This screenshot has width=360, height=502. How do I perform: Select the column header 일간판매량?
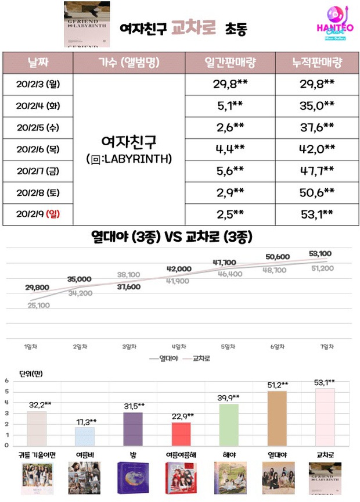[x=231, y=63]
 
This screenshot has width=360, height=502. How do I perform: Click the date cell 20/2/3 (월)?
[x=39, y=84]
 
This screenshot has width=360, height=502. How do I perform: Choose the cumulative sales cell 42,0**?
[x=313, y=148]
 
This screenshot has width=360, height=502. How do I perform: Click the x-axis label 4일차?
[x=178, y=346]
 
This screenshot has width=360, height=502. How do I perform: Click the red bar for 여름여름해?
[x=181, y=433]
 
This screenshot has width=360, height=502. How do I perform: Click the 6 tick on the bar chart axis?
[x=6, y=381]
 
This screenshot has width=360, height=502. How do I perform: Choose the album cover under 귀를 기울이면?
[x=37, y=478]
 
